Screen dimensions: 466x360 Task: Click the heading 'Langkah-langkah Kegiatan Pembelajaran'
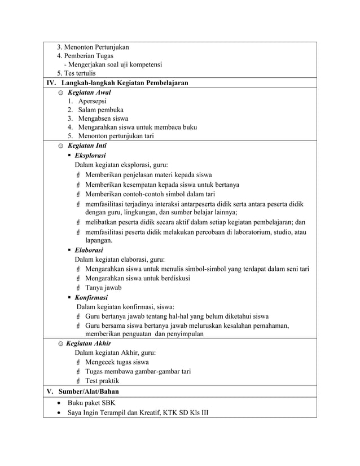(124, 83)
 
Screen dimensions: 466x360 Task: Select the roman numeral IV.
(51, 83)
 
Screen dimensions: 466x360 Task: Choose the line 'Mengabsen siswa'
(103, 118)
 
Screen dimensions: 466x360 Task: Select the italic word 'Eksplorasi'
(90, 155)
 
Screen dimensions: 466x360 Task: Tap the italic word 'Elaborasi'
(89, 250)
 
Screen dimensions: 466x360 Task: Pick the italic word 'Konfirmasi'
(91, 297)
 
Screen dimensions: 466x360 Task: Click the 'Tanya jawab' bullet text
(103, 287)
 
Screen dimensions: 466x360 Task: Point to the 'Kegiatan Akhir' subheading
(88, 343)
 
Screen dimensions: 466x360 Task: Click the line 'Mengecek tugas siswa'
(116, 362)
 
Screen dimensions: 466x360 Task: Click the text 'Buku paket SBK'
(91, 403)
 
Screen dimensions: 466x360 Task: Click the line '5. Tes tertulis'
(76, 73)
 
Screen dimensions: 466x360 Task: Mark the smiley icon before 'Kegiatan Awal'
(61, 92)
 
